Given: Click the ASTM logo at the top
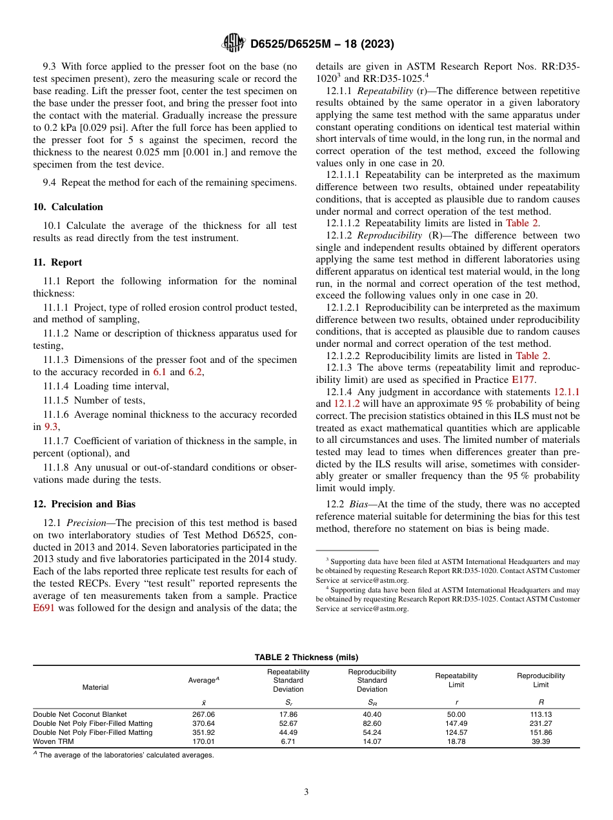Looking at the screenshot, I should (x=233, y=44).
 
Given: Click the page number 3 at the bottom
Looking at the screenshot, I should (x=306, y=792).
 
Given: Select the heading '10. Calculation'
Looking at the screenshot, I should (x=68, y=207).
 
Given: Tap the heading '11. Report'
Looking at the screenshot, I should (x=57, y=262).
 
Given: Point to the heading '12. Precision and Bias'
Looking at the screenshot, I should (x=85, y=504).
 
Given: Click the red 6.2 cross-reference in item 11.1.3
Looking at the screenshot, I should (x=195, y=372).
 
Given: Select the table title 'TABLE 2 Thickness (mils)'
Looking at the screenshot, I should (x=306, y=657).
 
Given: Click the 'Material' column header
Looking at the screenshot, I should (x=95, y=687).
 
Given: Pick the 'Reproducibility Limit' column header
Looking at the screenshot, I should (x=541, y=679).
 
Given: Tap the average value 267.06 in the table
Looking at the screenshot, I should (x=204, y=714).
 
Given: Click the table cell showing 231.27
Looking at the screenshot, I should (x=541, y=723).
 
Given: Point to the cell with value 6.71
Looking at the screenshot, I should (x=288, y=741).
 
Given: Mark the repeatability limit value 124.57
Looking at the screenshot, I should (x=456, y=732).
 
